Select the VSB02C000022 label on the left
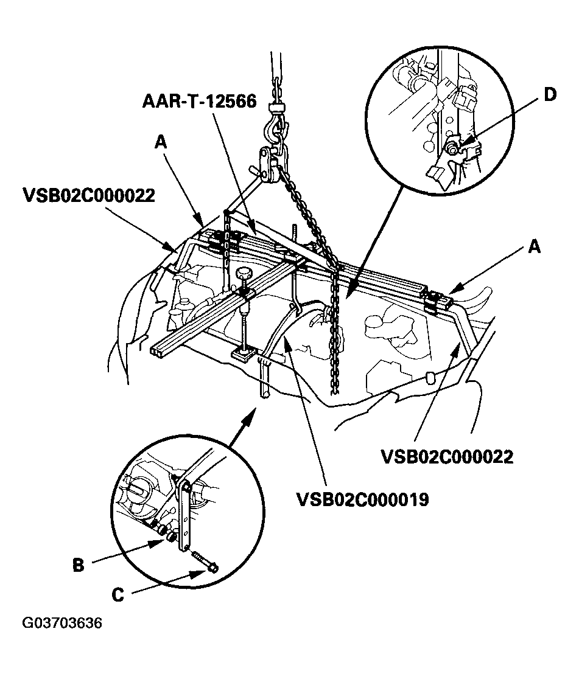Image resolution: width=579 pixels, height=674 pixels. [89, 196]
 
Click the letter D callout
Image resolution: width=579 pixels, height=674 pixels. [550, 96]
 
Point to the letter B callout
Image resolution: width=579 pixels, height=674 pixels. [79, 565]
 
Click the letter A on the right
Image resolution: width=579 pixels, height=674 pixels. [534, 246]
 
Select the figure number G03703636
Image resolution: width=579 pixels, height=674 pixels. [62, 624]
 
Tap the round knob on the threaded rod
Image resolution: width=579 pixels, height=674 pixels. [245, 274]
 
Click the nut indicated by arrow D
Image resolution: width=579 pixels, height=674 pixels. [452, 148]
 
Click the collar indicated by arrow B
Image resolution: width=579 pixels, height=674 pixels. [172, 537]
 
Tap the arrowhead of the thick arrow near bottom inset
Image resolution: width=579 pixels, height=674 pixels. [253, 412]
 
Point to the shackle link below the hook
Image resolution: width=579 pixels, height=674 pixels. [268, 162]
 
